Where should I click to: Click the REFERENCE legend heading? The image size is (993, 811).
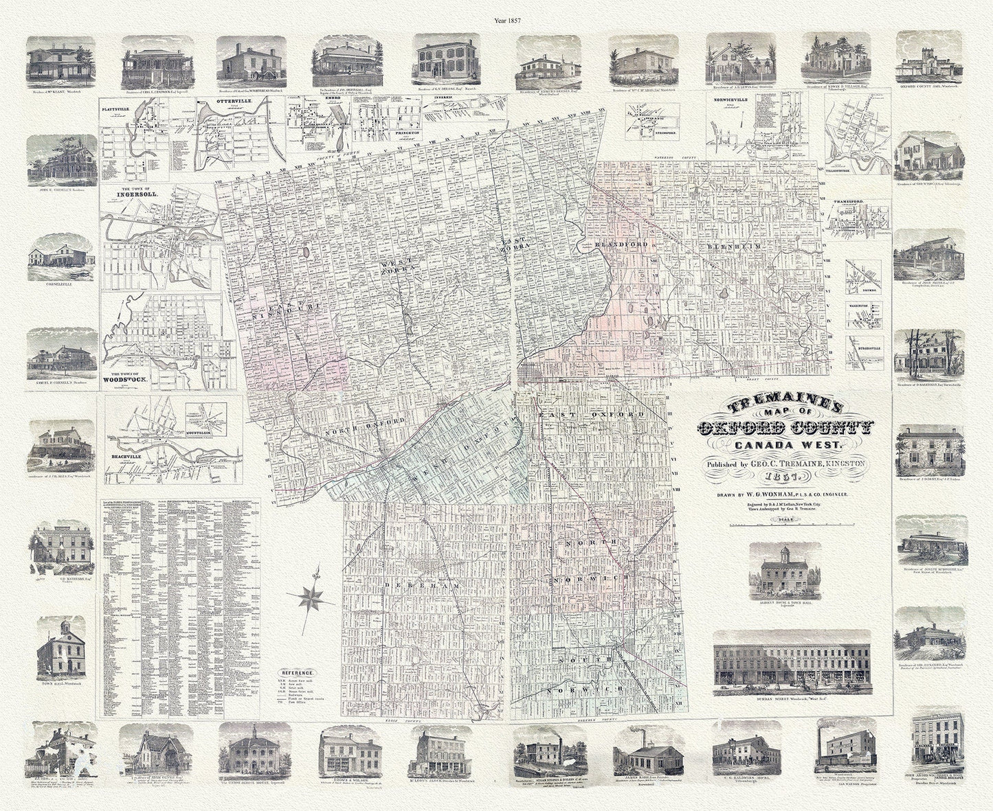(x=297, y=673)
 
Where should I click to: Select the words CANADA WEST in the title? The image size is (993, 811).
(x=781, y=447)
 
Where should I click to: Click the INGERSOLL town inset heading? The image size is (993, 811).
(x=139, y=194)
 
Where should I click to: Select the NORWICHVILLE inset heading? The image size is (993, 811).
(x=730, y=108)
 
